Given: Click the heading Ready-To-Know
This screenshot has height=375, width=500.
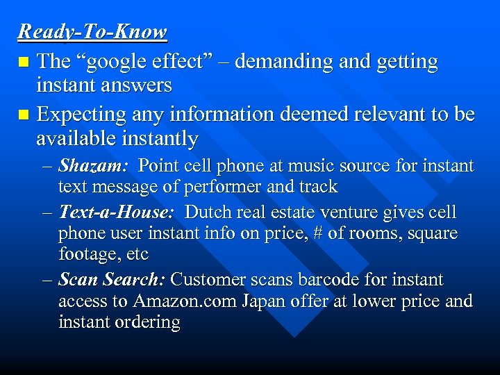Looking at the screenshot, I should click(x=92, y=32).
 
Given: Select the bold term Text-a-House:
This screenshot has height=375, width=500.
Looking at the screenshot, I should click(x=119, y=212).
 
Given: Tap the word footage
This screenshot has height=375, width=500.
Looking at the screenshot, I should click(x=88, y=254).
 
